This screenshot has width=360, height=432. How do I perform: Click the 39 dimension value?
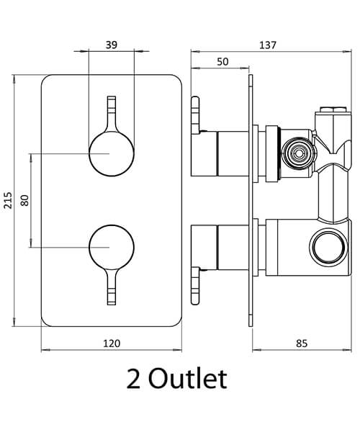click(112, 45)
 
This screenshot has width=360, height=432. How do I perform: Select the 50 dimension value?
click(222, 63)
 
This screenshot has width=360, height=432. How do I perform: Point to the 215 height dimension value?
click(8, 199)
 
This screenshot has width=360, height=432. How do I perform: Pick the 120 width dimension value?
click(112, 343)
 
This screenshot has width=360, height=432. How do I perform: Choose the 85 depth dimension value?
click(302, 343)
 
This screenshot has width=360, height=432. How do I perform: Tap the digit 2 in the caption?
click(133, 379)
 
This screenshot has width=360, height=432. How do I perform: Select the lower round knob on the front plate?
click(110, 247)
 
